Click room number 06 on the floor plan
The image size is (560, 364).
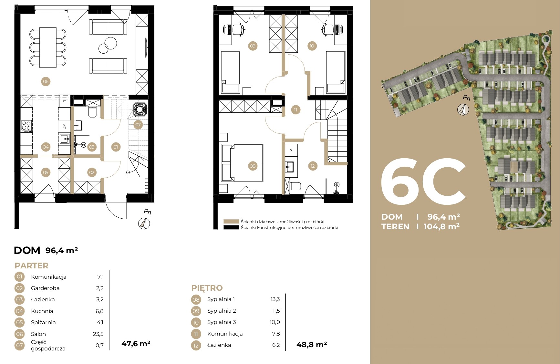pyautogui.click(x=46, y=81)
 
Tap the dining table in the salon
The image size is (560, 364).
pyautogui.click(x=48, y=47)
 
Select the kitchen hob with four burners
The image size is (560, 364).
pyautogui.click(x=26, y=126)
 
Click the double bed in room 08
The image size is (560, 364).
pyautogui.click(x=242, y=163)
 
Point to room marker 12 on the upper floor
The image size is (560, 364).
pyautogui.click(x=313, y=166)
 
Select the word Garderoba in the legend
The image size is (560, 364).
pyautogui.click(x=45, y=288)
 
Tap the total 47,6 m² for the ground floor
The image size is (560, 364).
pyautogui.click(x=136, y=344)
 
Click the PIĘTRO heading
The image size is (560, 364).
pyautogui.click(x=207, y=288)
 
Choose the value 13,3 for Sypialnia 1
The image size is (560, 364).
pyautogui.click(x=275, y=299)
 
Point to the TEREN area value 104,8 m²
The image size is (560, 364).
pyautogui.click(x=442, y=226)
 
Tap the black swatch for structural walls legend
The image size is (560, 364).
pyautogui.click(x=231, y=227)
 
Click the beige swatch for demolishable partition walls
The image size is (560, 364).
pyautogui.click(x=231, y=222)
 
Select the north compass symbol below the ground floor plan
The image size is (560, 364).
pyautogui.click(x=144, y=224)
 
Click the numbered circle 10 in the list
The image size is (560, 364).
pyautogui.click(x=196, y=322)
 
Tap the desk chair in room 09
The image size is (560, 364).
pyautogui.click(x=238, y=29)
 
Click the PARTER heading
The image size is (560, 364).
pyautogui.click(x=32, y=266)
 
